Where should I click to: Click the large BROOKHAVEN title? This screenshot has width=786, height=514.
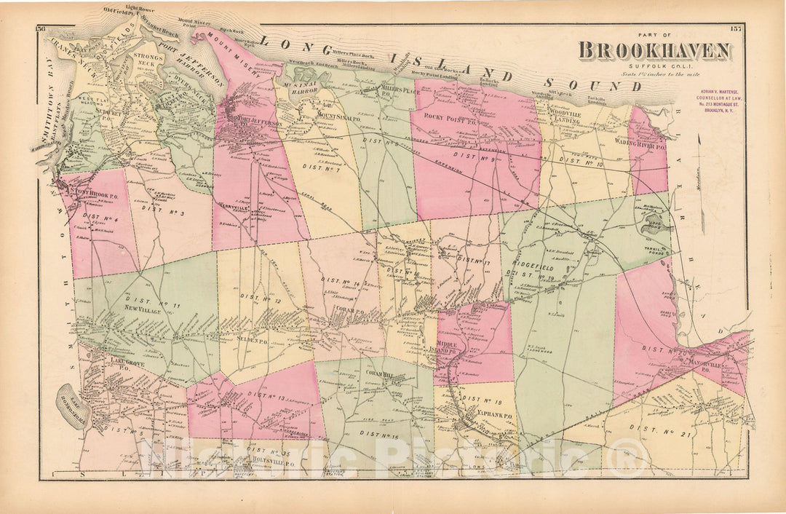[655, 50]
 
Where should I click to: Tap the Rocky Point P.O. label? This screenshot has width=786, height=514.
[451, 121]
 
